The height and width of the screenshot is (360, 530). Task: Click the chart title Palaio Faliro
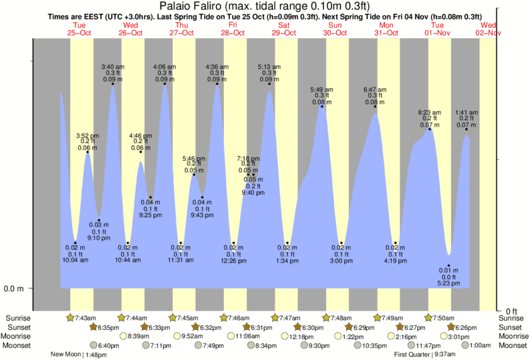pos(265,7)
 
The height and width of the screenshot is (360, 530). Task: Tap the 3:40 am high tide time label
pos(112,67)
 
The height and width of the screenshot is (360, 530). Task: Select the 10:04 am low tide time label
pos(76,260)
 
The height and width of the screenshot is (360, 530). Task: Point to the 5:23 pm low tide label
pos(449,283)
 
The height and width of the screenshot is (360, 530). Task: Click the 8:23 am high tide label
pos(430,112)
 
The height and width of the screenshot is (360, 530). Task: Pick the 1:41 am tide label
pos(467,112)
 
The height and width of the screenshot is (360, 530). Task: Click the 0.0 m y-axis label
pos(14,289)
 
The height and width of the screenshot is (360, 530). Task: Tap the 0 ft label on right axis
pos(511,311)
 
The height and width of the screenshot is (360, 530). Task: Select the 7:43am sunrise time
pos(84,318)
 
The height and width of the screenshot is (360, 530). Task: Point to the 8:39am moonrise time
pos(137,336)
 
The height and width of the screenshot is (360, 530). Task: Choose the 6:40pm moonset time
pos(108,345)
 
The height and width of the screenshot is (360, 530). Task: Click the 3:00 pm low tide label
pos(342,260)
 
